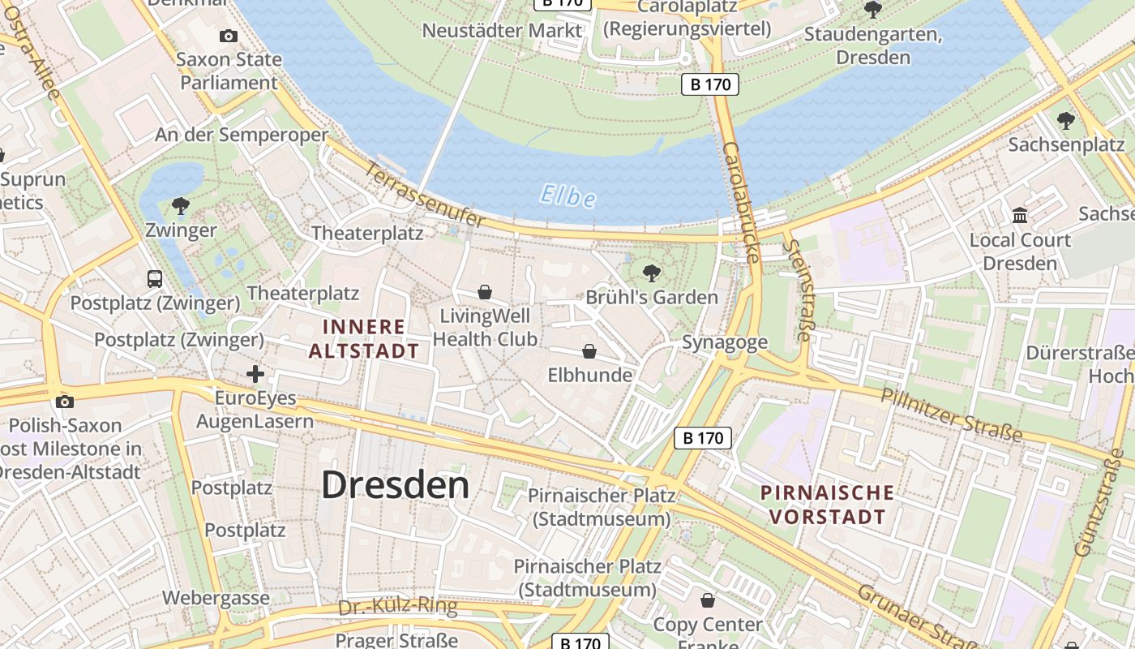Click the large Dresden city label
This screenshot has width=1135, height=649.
(395, 485)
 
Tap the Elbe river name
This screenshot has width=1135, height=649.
(567, 196)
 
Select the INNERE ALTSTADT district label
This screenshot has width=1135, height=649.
(363, 338)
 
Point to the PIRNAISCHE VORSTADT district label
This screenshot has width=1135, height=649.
(827, 504)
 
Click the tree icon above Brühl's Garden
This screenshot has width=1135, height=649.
(651, 273)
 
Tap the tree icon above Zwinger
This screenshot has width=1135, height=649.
(181, 206)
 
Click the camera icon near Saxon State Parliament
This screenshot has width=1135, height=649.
(229, 36)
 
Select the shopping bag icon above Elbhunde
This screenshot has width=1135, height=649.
(589, 351)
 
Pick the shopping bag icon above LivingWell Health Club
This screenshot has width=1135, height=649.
(485, 292)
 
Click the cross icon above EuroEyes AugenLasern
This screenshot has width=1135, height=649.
(255, 374)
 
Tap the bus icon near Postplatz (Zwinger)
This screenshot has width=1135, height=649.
(155, 279)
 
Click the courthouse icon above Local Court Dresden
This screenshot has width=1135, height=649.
(1020, 216)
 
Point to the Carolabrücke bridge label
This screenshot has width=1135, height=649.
(741, 203)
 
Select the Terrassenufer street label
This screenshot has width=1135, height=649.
(426, 196)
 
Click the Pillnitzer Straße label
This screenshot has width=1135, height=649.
(951, 415)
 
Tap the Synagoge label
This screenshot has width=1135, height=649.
(724, 342)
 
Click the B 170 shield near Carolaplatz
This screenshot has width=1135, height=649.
(710, 84)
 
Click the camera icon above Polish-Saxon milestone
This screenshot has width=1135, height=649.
(65, 402)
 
